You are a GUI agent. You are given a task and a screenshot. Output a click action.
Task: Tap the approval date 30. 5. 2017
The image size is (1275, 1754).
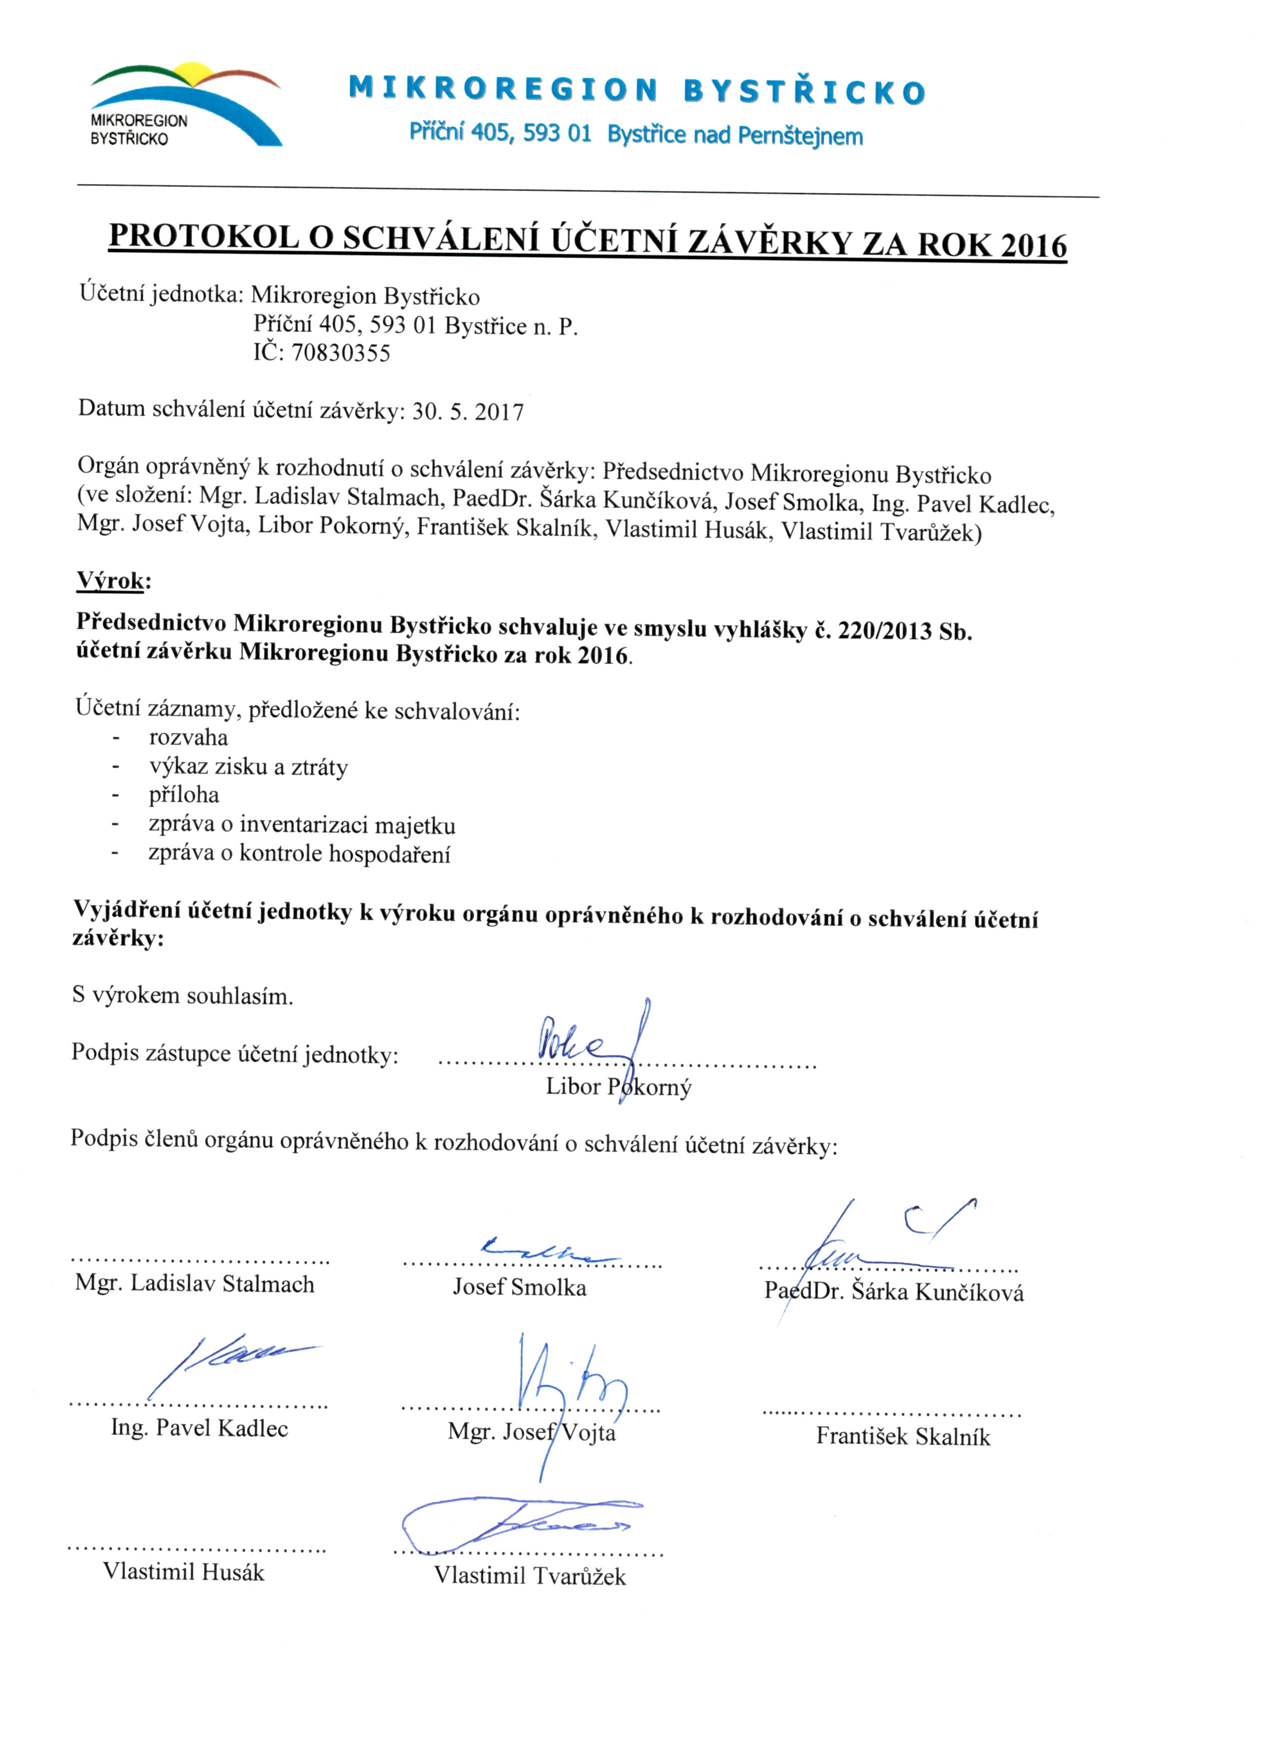pos(468,412)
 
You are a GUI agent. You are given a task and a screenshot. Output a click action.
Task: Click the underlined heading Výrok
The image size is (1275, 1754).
pos(110,580)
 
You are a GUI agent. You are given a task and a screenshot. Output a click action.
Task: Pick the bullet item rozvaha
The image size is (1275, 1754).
pos(188,737)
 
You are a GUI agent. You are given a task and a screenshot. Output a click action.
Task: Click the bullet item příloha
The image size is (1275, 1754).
pos(184,795)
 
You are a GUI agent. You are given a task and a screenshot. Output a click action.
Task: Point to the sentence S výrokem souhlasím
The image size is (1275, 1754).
pos(182,995)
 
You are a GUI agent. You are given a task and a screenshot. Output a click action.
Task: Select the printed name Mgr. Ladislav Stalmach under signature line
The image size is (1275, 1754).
pos(195,1284)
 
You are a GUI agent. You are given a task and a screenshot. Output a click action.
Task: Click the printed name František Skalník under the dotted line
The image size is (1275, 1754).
pos(902,1437)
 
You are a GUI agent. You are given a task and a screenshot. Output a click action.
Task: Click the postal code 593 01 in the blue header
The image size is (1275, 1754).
pos(556,134)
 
